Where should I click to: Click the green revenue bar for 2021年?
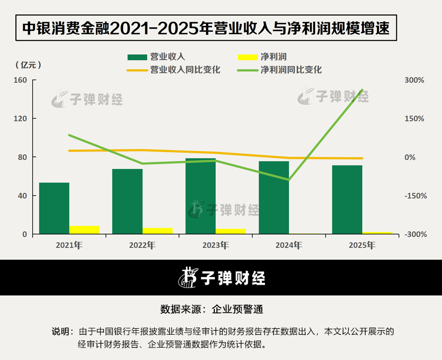click(54, 208)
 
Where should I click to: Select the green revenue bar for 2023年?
click(200, 196)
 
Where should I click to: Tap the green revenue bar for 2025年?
click(347, 200)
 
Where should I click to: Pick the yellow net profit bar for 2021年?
click(84, 229)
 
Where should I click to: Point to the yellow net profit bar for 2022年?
click(158, 231)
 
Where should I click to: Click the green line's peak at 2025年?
click(362, 90)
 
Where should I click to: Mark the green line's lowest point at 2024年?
click(289, 179)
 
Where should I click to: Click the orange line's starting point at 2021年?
click(69, 150)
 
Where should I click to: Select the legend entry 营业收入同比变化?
click(173, 70)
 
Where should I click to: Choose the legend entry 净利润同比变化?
click(279, 70)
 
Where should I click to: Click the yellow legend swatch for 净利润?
click(248, 57)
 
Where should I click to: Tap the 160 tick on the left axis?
click(20, 80)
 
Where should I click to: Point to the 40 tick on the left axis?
click(22, 196)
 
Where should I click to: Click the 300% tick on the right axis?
click(414, 80)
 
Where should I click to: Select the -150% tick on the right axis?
click(416, 196)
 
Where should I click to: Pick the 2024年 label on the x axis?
click(289, 245)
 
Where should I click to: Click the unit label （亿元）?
click(28, 65)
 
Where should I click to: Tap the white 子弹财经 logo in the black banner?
click(222, 278)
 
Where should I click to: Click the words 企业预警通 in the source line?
click(237, 309)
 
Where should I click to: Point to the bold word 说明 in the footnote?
click(61, 331)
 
